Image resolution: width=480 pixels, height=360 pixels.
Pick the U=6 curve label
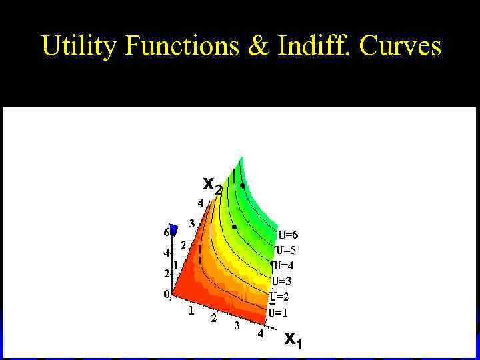(x=288, y=235)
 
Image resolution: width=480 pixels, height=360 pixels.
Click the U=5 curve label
(x=285, y=251)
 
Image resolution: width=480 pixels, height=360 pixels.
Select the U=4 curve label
(x=283, y=266)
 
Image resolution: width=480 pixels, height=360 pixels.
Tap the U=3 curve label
(x=281, y=281)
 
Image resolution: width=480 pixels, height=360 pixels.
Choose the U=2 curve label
(x=279, y=296)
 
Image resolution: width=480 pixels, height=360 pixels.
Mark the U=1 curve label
(x=278, y=312)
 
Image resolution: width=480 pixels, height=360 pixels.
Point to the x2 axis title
(x=212, y=184)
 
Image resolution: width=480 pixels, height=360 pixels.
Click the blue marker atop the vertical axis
(x=174, y=230)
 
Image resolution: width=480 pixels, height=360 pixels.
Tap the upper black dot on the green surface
(x=243, y=185)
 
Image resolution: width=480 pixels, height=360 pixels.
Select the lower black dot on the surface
(x=234, y=227)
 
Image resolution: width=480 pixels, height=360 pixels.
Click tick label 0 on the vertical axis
(x=167, y=294)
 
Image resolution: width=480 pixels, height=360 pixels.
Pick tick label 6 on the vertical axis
(x=166, y=233)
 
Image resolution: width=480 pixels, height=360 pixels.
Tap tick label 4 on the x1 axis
(x=261, y=335)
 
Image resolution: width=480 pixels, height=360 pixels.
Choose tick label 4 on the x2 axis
(x=200, y=203)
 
